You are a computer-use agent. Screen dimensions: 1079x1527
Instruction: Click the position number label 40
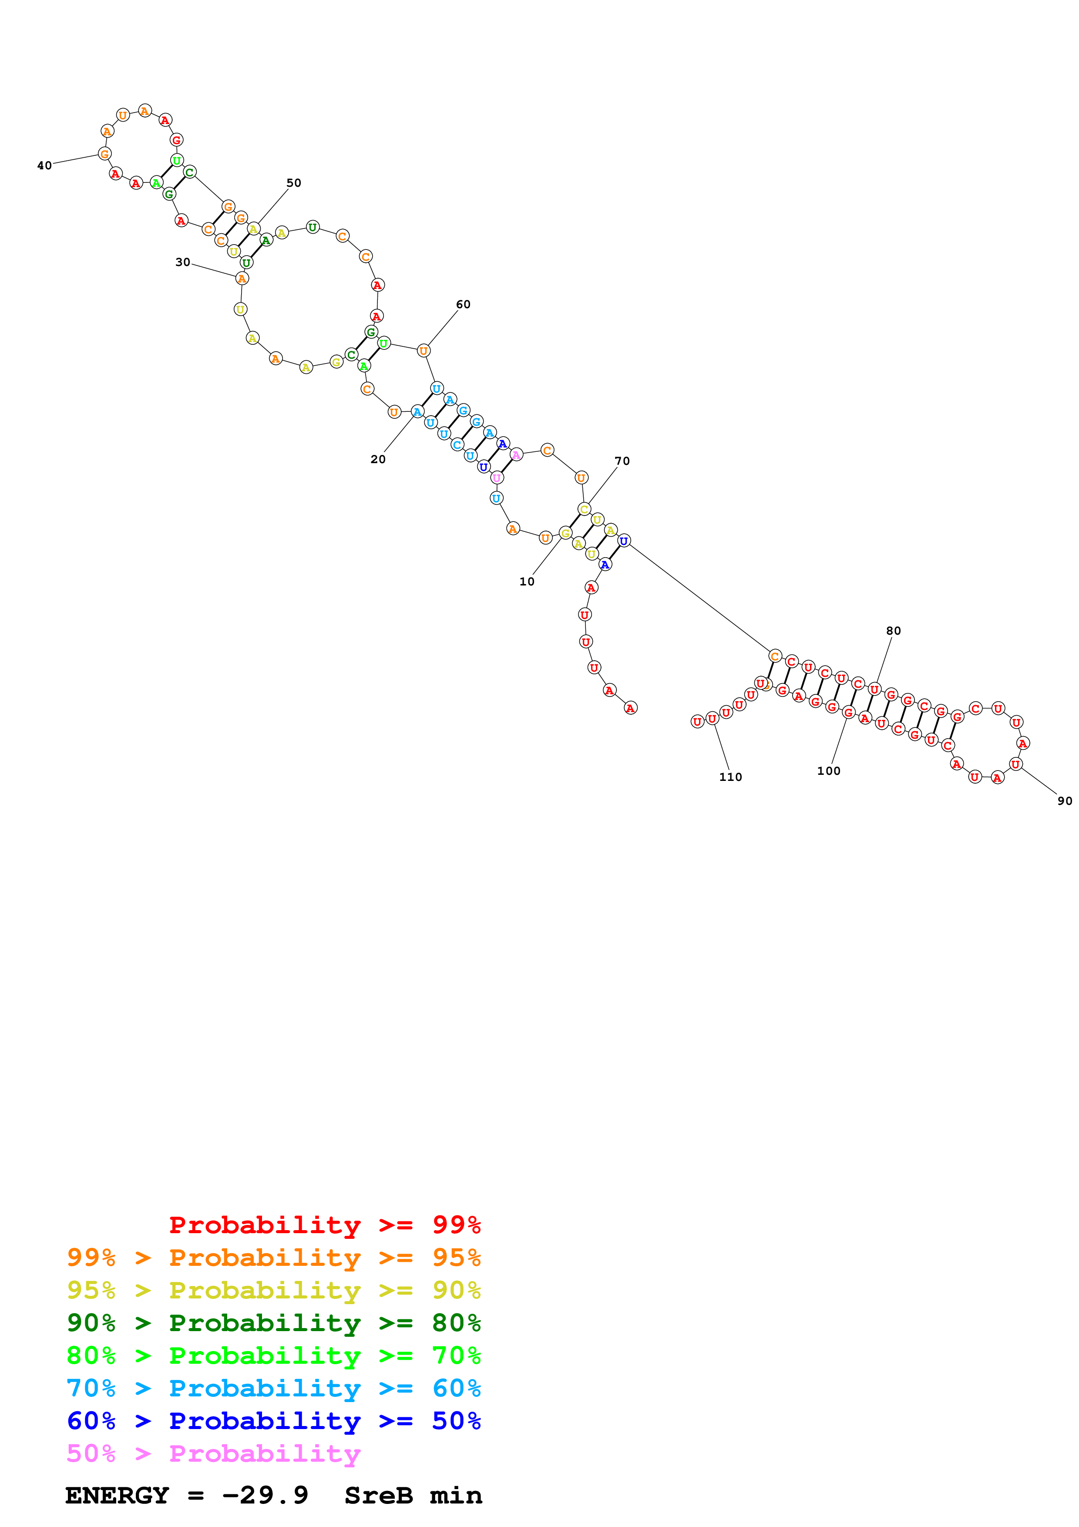click(x=44, y=165)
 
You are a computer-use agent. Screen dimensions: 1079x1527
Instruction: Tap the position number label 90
click(x=1064, y=801)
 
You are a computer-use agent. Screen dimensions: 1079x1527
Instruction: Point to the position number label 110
click(x=730, y=777)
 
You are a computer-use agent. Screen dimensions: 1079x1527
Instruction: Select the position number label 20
click(x=378, y=459)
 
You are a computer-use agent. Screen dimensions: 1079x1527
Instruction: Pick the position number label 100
click(x=828, y=771)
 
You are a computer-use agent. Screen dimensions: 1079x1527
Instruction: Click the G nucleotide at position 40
click(x=104, y=154)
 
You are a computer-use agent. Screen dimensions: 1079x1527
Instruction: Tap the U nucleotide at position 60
click(x=424, y=350)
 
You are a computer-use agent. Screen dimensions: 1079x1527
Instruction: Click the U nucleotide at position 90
click(x=1015, y=764)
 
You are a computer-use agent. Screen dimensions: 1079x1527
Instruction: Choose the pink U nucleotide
click(x=497, y=478)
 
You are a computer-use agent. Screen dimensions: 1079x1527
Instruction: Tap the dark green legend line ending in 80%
click(x=273, y=1323)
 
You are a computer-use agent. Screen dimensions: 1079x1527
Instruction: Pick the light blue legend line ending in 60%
click(x=273, y=1388)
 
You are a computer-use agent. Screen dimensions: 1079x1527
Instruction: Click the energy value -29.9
click(x=265, y=1496)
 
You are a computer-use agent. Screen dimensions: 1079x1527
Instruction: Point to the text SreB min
click(x=413, y=1496)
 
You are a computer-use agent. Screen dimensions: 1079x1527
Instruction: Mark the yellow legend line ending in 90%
click(x=273, y=1290)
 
